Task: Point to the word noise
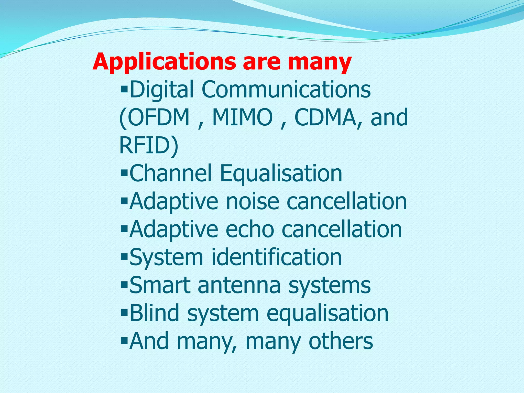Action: pos(252,202)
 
